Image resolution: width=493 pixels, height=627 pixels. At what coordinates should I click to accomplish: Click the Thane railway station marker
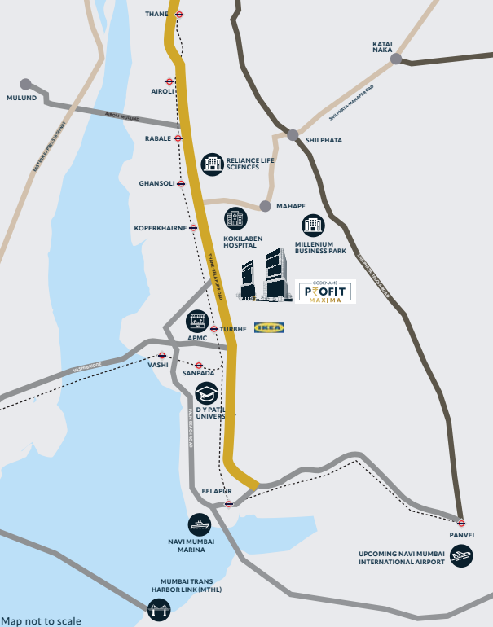coord(178,15)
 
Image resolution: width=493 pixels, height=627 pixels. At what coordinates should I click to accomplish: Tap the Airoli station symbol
coord(169,81)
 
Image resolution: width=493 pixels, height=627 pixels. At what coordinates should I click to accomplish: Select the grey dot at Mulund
coord(25,84)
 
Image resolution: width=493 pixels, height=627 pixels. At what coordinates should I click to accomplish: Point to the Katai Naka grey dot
coord(395,59)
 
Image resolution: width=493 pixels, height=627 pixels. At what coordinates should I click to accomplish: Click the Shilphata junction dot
coord(293,134)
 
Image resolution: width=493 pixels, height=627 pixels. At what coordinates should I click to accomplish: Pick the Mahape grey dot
coord(264,207)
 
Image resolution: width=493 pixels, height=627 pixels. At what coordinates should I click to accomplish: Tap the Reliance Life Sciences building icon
coord(212,164)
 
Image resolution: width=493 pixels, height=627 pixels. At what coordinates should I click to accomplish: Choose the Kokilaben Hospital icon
coord(235,218)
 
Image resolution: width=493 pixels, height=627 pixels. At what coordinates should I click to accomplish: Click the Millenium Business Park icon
coord(312,226)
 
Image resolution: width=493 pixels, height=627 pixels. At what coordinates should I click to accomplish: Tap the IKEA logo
coord(269,327)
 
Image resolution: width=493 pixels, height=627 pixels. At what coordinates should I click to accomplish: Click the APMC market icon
coord(196,320)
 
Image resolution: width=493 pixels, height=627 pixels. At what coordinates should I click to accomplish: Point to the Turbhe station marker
coord(213,329)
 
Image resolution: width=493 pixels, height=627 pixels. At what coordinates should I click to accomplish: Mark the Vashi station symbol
coord(162,356)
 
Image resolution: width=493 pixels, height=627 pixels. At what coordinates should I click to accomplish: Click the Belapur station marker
coord(229,503)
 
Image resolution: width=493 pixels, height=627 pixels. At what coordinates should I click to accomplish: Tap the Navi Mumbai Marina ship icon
coord(199,524)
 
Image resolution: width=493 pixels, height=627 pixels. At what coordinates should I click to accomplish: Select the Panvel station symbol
coord(461,523)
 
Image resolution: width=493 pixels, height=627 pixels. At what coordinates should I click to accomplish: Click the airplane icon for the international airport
coord(460,557)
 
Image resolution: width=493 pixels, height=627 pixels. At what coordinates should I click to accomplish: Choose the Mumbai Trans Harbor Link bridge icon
coord(157,608)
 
